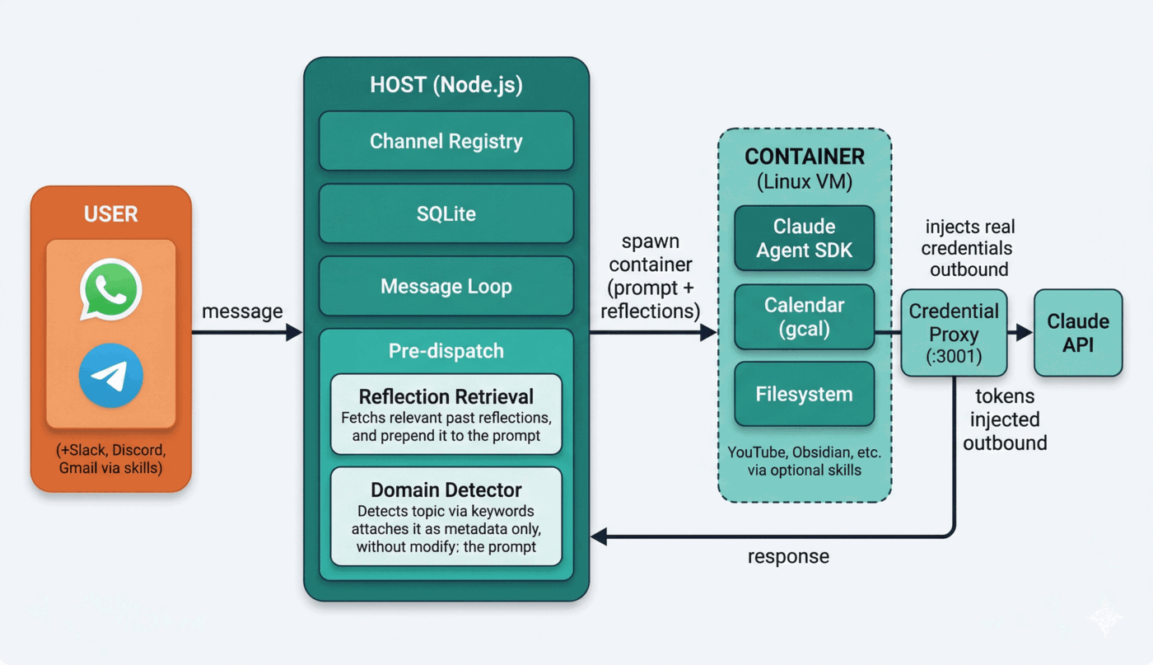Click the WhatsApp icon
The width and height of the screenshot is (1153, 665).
(111, 289)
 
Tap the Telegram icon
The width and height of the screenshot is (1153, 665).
(111, 376)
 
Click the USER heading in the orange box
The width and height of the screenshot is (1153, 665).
(111, 215)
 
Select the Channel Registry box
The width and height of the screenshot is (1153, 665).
(446, 141)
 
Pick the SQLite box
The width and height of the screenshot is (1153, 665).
(446, 213)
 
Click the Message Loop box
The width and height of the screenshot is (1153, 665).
(446, 286)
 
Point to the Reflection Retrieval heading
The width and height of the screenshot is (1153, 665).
(446, 396)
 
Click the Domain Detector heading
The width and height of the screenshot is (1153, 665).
(446, 489)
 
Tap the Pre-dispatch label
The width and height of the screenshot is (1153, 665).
(446, 351)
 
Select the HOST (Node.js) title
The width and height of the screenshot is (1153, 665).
(446, 85)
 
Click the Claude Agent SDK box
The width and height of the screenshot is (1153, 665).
(804, 238)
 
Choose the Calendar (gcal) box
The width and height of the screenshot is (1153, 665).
(804, 316)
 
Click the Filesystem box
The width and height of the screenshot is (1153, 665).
(804, 394)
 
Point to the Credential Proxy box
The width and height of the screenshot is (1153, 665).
(954, 333)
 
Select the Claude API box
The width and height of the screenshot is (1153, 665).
(1078, 333)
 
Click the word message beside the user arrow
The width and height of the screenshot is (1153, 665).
(242, 311)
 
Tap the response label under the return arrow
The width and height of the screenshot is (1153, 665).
(788, 556)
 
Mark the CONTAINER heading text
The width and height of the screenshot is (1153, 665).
(804, 157)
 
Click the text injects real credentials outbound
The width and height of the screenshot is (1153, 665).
(969, 248)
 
